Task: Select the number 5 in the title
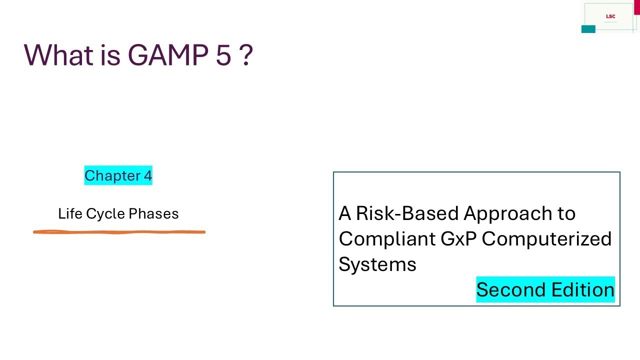223,55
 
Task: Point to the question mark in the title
245,54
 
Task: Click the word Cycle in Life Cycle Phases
106,214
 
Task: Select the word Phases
153,214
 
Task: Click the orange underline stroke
119,232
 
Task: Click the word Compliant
387,239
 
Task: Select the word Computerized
546,239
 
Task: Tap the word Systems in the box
377,264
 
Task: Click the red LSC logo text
610,16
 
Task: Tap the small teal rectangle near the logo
588,29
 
